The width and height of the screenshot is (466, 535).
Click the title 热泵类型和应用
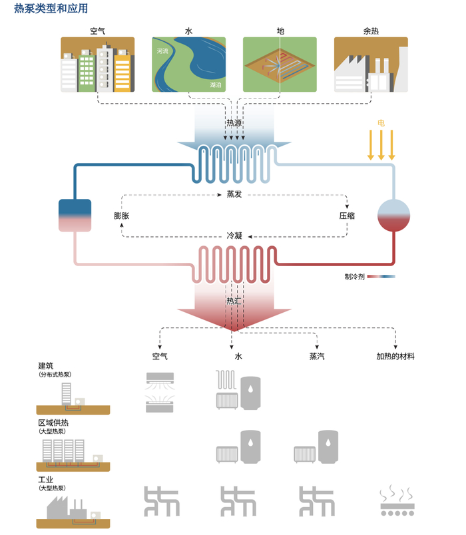click(51, 9)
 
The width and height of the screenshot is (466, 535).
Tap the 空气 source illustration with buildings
click(98, 65)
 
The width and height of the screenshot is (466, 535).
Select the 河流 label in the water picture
click(162, 51)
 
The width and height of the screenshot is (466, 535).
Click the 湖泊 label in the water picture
click(215, 85)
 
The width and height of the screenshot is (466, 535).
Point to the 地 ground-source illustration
click(280, 65)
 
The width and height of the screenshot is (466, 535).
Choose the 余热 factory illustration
click(371, 65)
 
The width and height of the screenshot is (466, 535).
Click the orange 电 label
click(381, 123)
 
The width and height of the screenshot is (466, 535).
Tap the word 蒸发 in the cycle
click(234, 194)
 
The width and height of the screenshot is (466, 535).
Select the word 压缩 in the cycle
click(347, 216)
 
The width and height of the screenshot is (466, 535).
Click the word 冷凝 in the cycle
click(234, 236)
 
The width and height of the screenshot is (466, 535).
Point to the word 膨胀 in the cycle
click(121, 216)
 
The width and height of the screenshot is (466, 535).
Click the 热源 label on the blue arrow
click(234, 123)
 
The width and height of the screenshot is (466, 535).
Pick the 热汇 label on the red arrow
click(234, 301)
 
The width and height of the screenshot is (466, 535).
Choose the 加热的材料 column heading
click(395, 357)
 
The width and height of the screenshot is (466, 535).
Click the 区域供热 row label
click(53, 423)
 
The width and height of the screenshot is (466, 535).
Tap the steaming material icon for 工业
click(397, 502)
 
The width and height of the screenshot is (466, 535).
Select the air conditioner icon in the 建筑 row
click(160, 391)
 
